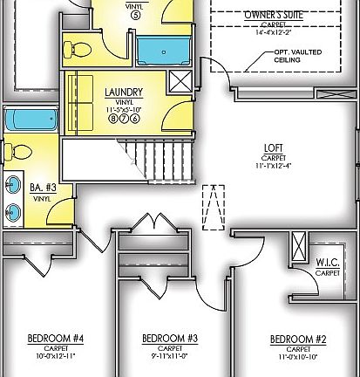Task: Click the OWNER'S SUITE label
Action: (x=274, y=14)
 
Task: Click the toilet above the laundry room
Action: (x=78, y=48)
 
